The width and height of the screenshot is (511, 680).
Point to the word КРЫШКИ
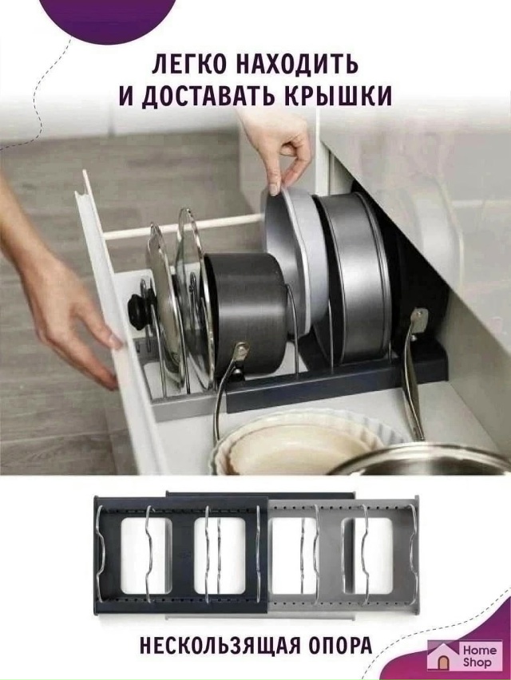(345, 97)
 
